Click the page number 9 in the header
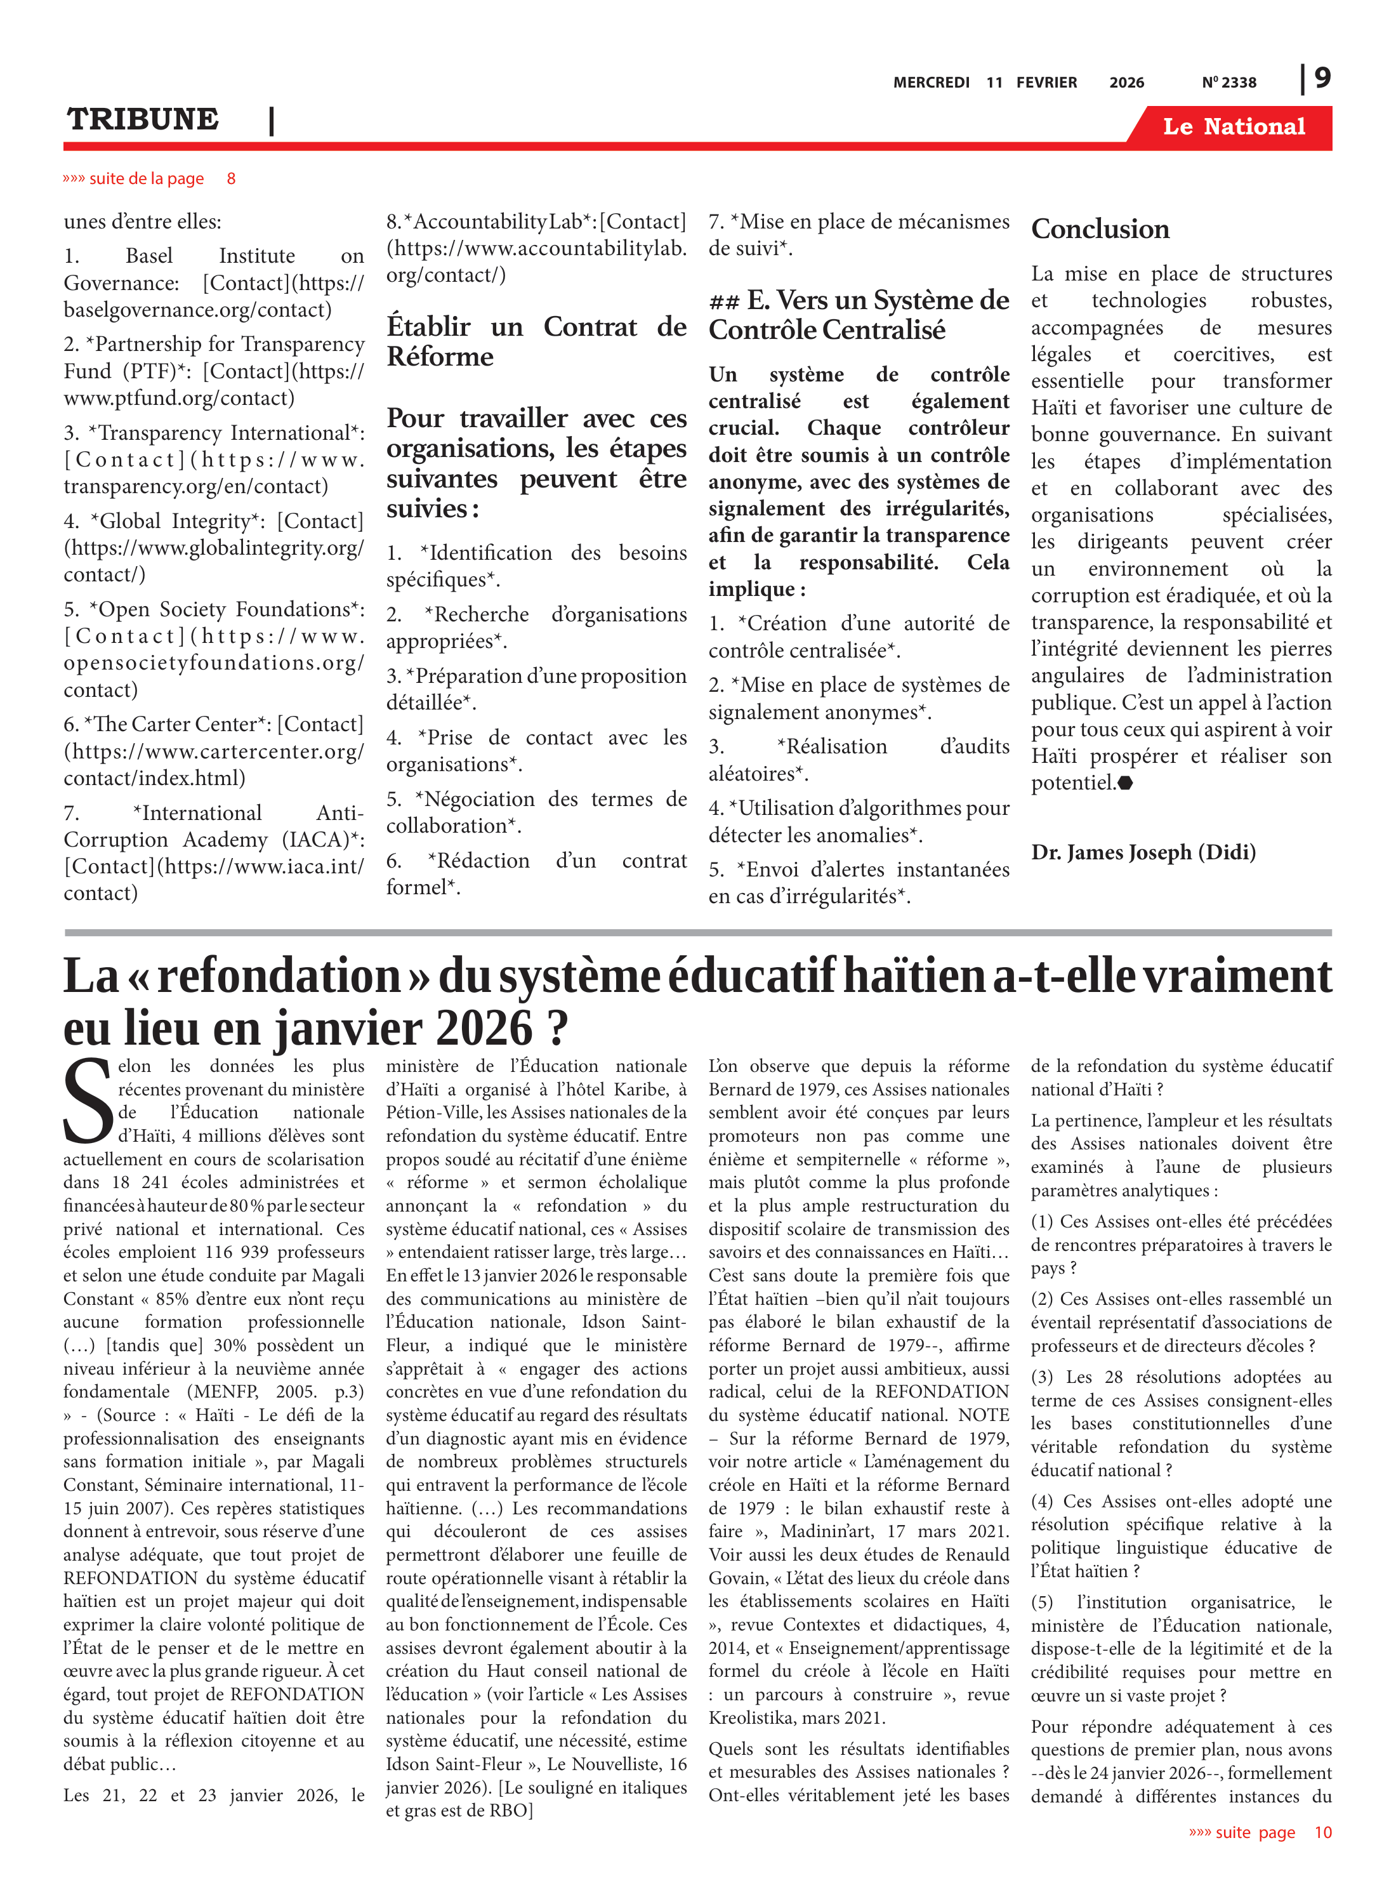click(1322, 79)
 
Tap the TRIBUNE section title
click(143, 119)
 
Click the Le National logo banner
click(1233, 127)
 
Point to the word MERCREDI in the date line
click(932, 83)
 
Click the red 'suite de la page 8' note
click(148, 178)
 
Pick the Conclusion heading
click(1100, 229)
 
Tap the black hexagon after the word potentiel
click(1125, 783)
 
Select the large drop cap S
click(87, 1101)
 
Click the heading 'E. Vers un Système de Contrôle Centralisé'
click(859, 314)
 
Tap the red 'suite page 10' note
click(1259, 1832)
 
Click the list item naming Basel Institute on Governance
click(213, 282)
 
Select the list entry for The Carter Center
click(213, 750)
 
